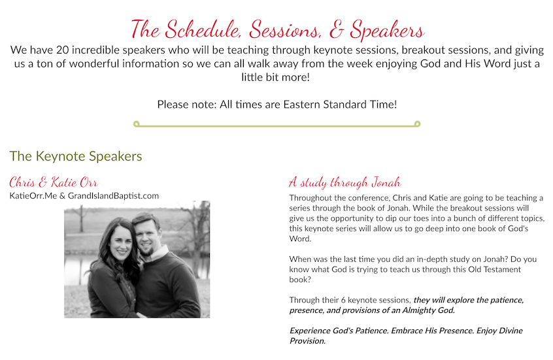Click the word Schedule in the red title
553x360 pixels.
197,29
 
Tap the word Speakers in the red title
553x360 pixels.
388,29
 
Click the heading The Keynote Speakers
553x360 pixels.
75,156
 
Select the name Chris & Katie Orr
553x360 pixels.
54,182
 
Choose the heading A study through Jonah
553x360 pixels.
344,182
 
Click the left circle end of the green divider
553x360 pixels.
136,123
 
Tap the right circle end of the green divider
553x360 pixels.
417,123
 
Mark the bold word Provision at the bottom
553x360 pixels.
307,341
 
